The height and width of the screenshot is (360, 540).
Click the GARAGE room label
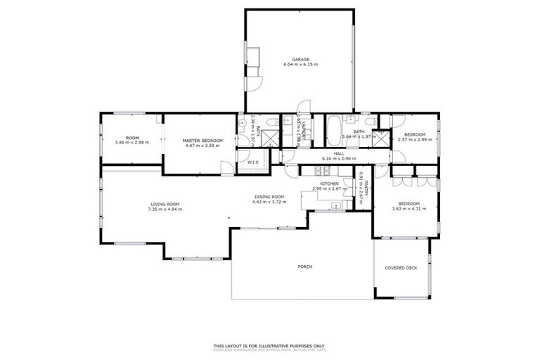(301, 59)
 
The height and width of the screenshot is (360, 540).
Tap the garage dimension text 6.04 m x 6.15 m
(301, 65)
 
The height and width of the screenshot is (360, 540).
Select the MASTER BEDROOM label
(202, 141)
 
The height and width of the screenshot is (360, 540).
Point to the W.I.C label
(253, 162)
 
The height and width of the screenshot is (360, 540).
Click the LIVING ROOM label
(165, 204)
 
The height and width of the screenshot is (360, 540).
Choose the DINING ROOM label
(269, 197)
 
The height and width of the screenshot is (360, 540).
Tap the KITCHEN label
(330, 184)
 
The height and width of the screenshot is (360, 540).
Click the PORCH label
(304, 266)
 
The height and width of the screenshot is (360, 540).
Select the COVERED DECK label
(400, 268)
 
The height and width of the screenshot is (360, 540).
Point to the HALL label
(339, 153)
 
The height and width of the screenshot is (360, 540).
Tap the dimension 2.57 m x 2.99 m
(412, 139)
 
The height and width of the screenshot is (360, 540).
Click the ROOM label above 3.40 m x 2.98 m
(132, 137)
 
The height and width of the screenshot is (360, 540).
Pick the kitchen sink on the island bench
(336, 205)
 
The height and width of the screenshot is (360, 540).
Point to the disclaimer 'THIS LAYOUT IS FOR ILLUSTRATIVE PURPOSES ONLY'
(269, 345)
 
